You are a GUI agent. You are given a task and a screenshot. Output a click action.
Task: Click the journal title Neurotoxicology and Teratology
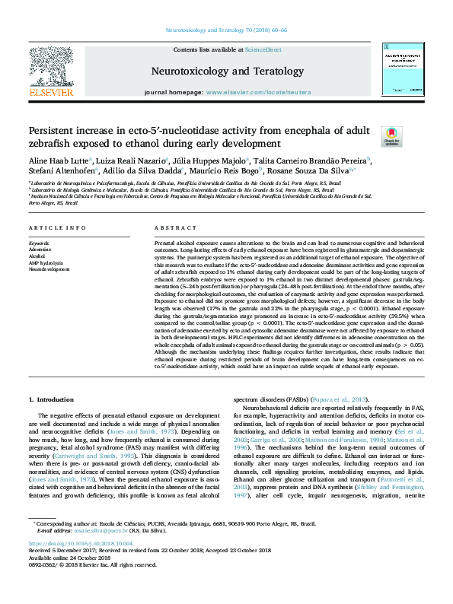(227, 72)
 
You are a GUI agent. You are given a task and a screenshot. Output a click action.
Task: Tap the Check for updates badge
(391, 135)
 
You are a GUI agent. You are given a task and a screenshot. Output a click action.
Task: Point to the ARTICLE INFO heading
(57, 228)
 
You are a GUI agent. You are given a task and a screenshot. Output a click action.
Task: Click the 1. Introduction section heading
(51, 399)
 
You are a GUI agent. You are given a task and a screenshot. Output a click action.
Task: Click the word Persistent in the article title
(56, 130)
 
